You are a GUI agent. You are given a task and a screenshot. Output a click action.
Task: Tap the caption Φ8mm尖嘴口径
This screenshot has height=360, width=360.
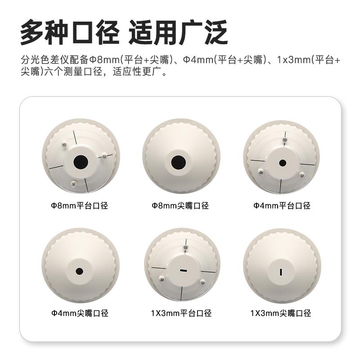180,206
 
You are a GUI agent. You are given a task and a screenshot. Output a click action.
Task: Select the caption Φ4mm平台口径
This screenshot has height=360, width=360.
281,206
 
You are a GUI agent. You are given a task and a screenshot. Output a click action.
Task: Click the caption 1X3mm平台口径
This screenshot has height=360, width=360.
181,313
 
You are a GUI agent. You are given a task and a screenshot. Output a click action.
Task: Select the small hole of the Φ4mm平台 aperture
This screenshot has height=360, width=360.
283,162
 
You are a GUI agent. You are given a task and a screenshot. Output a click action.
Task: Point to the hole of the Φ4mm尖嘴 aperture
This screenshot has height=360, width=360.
80,271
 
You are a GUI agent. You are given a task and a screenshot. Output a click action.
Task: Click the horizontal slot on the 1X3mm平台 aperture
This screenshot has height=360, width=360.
183,270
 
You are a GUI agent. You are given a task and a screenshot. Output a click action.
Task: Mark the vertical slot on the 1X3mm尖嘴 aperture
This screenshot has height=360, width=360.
281,271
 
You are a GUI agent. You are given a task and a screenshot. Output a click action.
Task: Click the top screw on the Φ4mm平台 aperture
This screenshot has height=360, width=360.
284,140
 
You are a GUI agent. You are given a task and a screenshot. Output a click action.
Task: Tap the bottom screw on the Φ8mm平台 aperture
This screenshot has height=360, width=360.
73,183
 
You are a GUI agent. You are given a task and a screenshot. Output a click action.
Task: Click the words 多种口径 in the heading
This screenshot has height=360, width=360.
70,33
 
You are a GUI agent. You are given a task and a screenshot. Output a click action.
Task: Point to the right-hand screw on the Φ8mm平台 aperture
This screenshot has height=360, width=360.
104,156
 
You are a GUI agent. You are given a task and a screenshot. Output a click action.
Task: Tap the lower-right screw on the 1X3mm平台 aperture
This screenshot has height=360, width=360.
202,282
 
